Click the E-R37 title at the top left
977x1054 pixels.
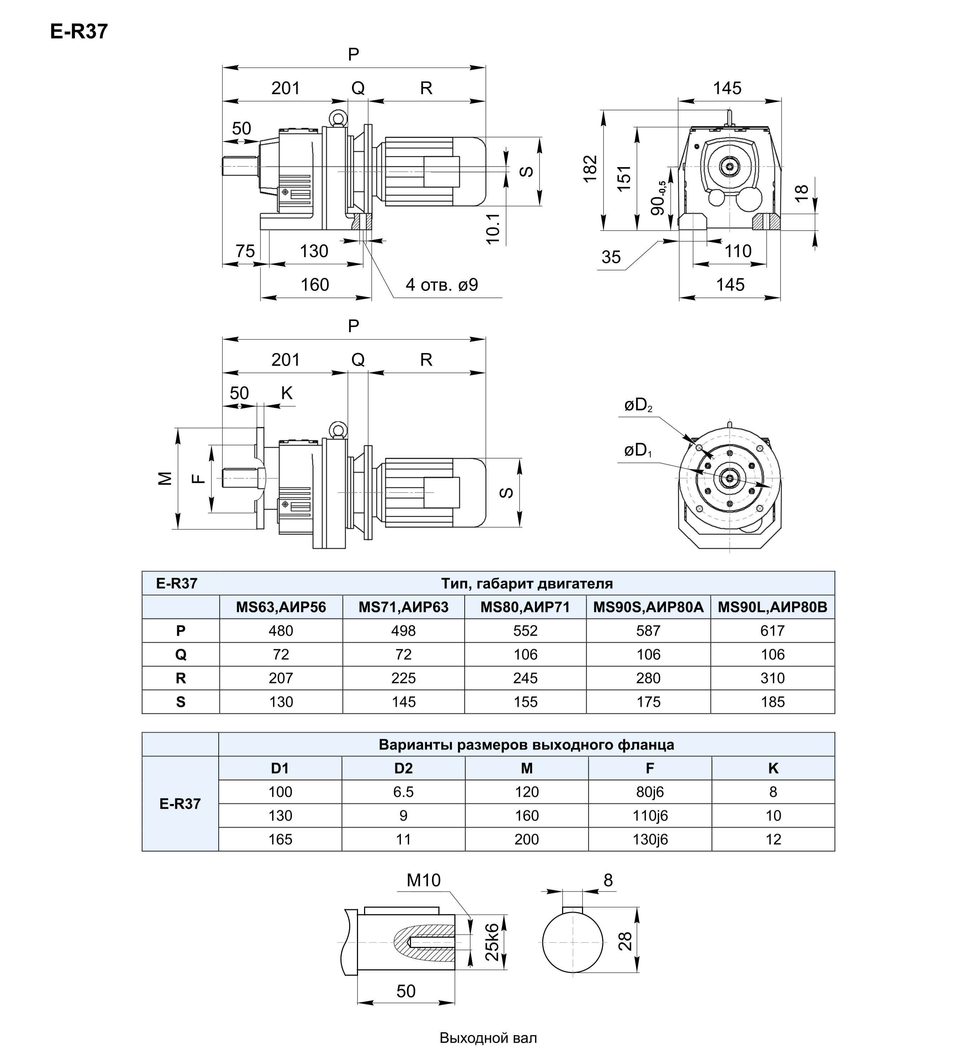click(x=79, y=32)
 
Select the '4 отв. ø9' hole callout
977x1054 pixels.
click(x=442, y=285)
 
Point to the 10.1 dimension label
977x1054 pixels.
click(x=493, y=228)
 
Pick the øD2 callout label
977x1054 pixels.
click(x=638, y=406)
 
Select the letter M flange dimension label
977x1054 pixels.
click(x=165, y=478)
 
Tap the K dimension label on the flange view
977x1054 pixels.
click(x=287, y=393)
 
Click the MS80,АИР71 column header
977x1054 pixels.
click(x=525, y=607)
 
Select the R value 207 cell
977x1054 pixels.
click(x=281, y=678)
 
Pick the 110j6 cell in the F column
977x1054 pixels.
click(x=650, y=815)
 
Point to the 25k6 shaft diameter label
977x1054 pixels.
click(x=492, y=942)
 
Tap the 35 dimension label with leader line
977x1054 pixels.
click(x=611, y=257)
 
